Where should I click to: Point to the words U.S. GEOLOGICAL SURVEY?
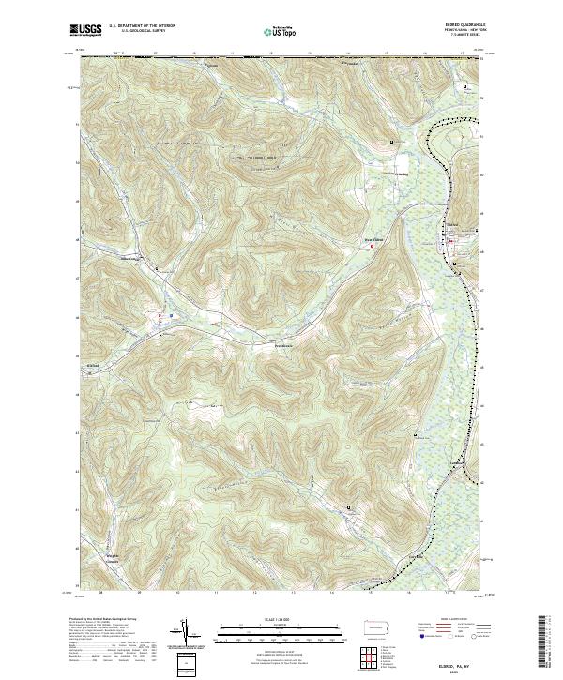click(142, 31)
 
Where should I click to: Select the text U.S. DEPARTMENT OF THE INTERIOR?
click(143, 26)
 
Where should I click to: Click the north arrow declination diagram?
click(185, 633)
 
